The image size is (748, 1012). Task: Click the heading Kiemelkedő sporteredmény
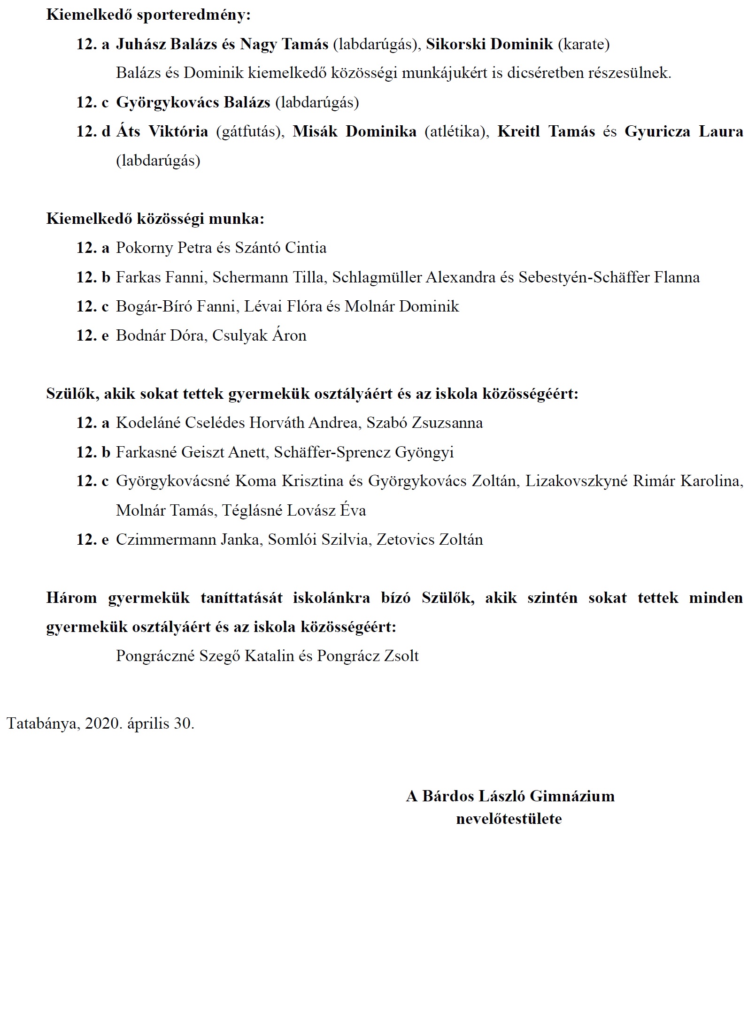(x=148, y=15)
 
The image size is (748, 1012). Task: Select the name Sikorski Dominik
(x=489, y=44)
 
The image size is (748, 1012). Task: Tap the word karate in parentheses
(x=584, y=44)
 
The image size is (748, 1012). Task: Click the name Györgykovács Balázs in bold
(x=193, y=102)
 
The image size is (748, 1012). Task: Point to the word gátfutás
(x=250, y=132)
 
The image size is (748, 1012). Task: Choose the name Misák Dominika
(x=355, y=131)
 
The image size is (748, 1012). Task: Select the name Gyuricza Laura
(x=684, y=131)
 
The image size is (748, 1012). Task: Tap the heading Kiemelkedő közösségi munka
(x=155, y=219)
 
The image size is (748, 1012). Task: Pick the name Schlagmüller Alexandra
(x=414, y=277)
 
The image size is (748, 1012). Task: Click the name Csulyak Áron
(x=259, y=335)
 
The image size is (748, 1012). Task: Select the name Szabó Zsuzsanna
(x=424, y=423)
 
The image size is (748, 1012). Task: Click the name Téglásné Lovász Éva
(x=294, y=510)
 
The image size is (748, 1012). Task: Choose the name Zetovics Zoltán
(x=430, y=540)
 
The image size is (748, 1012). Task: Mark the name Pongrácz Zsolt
(x=368, y=656)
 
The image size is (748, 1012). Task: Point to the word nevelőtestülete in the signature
(x=509, y=819)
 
